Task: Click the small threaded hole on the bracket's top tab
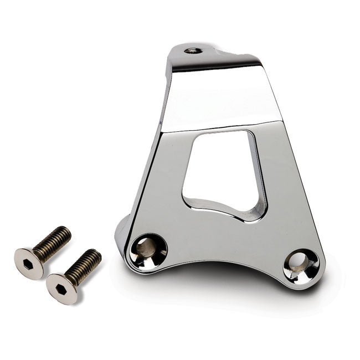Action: click(193, 50)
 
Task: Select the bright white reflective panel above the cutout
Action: click(222, 100)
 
